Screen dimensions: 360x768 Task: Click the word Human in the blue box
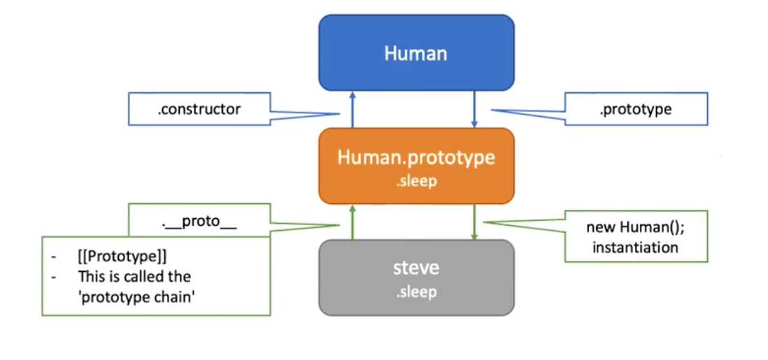(415, 53)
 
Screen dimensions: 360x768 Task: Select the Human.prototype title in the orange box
(416, 157)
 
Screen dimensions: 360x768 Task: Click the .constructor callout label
(199, 109)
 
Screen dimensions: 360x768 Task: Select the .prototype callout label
(635, 109)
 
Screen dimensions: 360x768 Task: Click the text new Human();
(636, 228)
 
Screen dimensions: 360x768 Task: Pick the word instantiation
(636, 247)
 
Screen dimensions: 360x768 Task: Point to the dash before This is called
(54, 277)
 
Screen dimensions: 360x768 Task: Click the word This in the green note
(90, 277)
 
